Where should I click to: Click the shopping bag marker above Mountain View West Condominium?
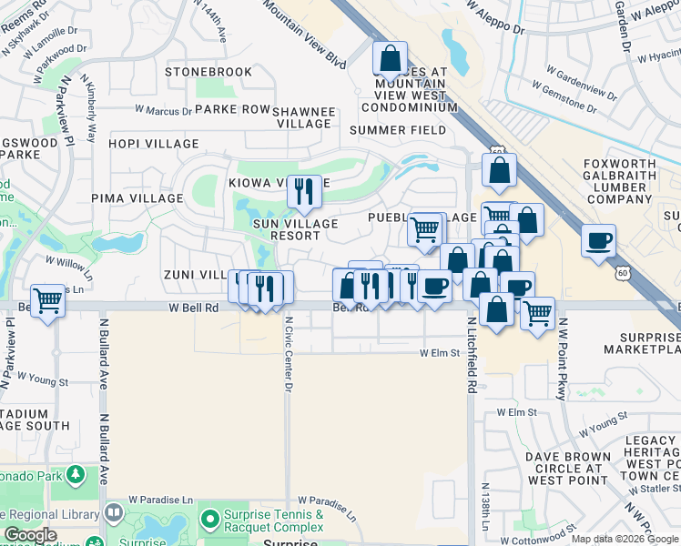[x=390, y=59]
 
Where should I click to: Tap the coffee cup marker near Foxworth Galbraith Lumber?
[x=598, y=241]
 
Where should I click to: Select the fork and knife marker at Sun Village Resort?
[x=304, y=191]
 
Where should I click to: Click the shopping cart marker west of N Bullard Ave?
[x=47, y=300]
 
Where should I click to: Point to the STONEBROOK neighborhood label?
[x=208, y=72]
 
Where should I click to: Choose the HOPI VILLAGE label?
[x=153, y=144]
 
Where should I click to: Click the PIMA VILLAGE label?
[x=132, y=197]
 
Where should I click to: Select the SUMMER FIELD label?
[x=398, y=130]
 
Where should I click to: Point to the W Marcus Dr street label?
[x=164, y=110]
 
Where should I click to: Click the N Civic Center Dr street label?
[x=288, y=354]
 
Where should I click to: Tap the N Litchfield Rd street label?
[x=473, y=356]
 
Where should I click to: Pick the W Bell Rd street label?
[x=194, y=308]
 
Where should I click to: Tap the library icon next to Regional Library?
[x=113, y=513]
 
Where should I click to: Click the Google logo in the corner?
[x=31, y=536]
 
